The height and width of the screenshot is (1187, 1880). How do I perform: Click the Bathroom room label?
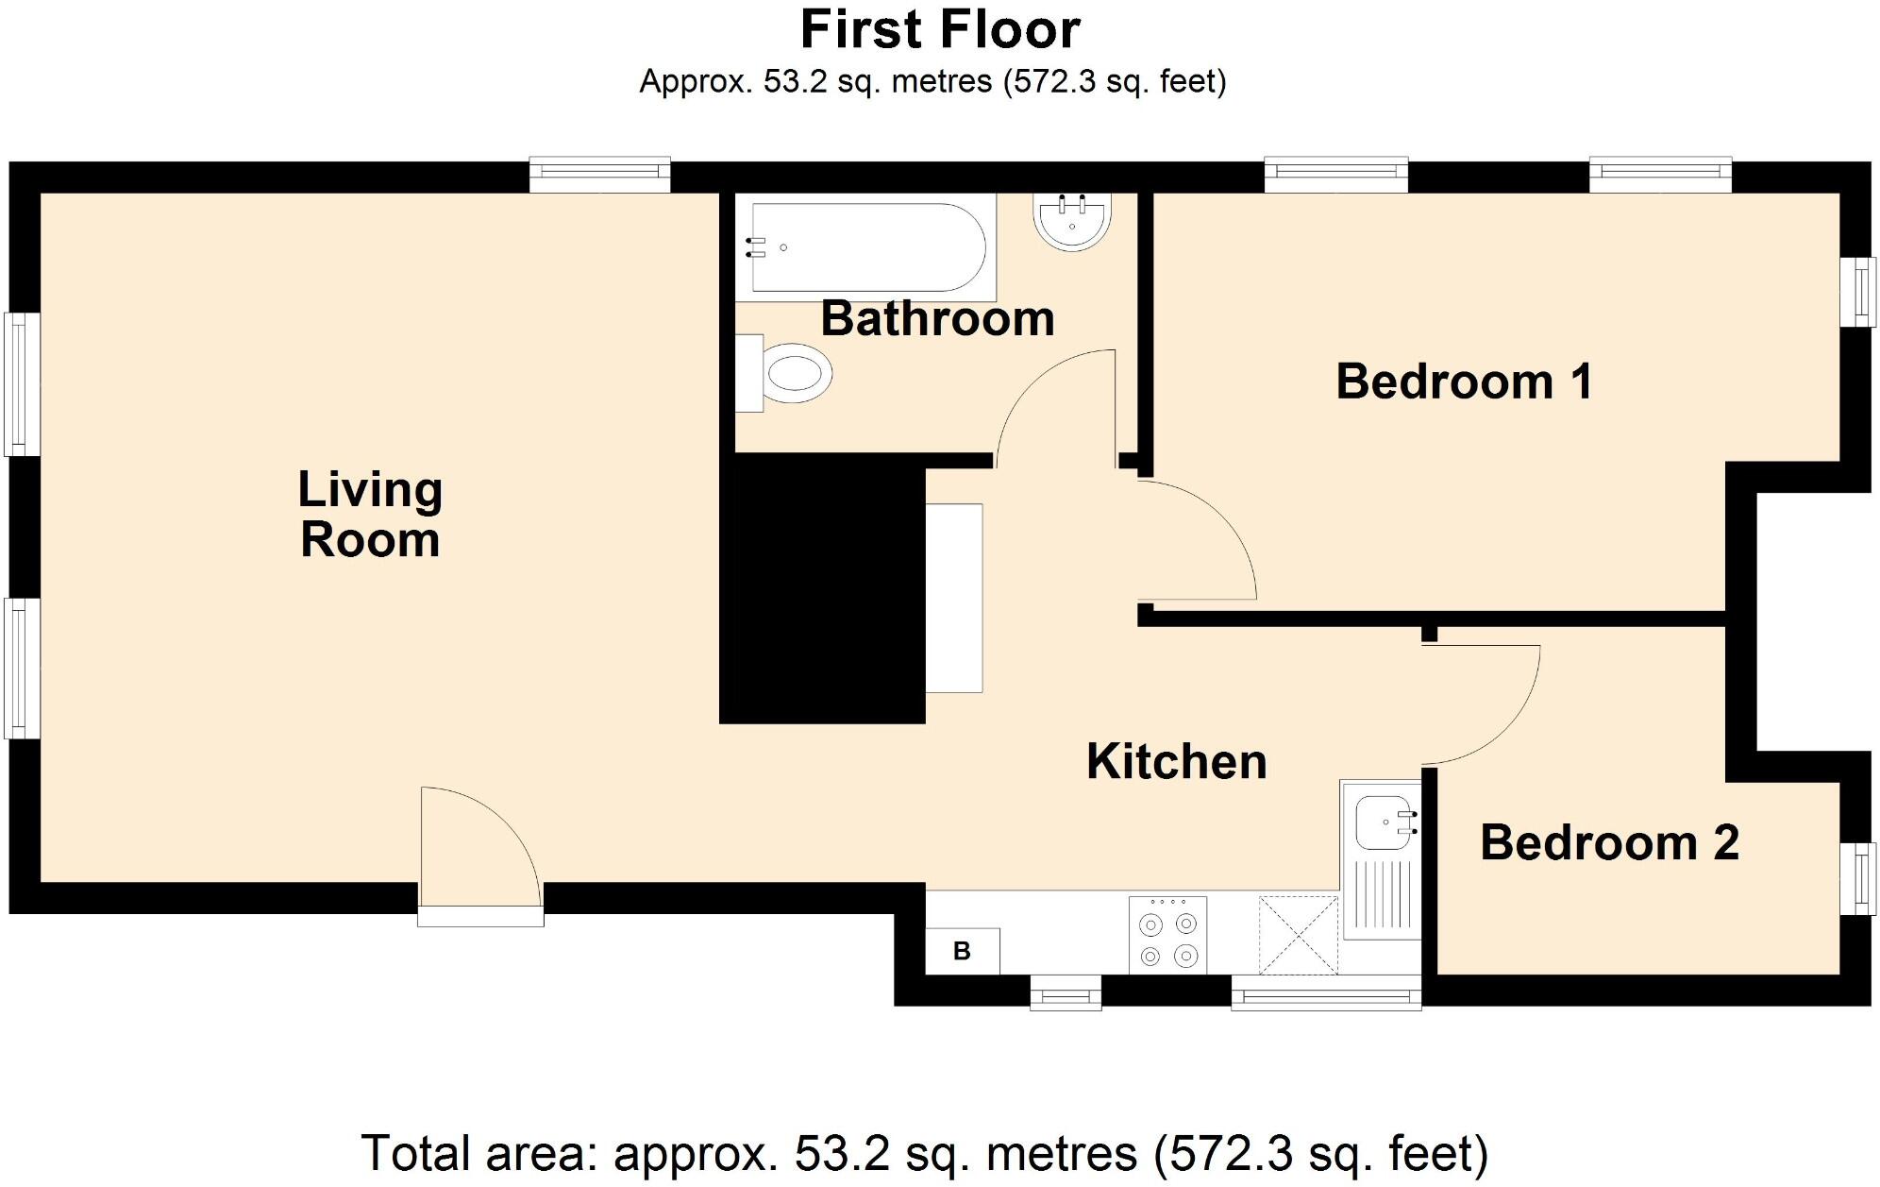pyautogui.click(x=937, y=319)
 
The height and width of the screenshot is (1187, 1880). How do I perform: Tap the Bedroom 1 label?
pyautogui.click(x=1464, y=382)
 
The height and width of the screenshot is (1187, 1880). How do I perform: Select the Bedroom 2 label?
pyautogui.click(x=1609, y=842)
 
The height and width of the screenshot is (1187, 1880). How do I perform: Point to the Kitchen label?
pyautogui.click(x=1176, y=761)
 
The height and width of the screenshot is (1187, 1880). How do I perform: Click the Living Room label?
pyautogui.click(x=370, y=515)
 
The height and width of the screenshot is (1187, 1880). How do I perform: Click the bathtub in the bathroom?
pyautogui.click(x=865, y=247)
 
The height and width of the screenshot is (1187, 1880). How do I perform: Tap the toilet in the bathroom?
pyautogui.click(x=784, y=373)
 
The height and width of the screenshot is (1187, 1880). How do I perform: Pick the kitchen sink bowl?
pyautogui.click(x=1385, y=822)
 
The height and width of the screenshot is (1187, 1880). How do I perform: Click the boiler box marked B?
pyautogui.click(x=962, y=951)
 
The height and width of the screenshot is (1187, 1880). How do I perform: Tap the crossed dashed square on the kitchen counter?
pyautogui.click(x=1299, y=935)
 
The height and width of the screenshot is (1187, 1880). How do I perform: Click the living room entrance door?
pyautogui.click(x=481, y=855)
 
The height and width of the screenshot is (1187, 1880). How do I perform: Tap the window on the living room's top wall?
pyautogui.click(x=599, y=175)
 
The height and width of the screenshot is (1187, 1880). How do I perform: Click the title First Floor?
pyautogui.click(x=940, y=29)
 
